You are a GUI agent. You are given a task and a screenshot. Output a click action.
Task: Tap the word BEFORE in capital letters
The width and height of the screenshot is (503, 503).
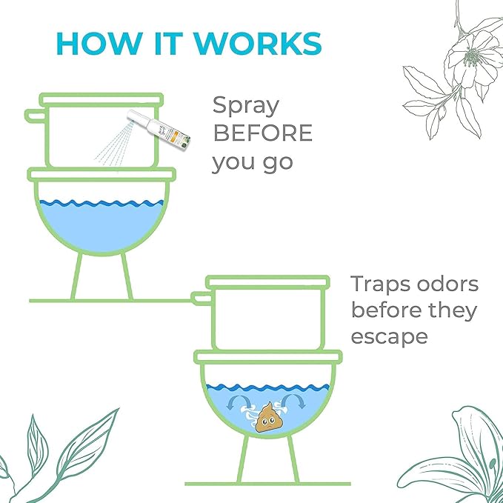click(x=262, y=134)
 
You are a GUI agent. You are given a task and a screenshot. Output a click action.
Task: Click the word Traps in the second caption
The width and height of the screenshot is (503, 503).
click(x=386, y=284)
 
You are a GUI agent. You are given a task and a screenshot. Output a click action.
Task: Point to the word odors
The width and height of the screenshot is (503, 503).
click(x=453, y=284)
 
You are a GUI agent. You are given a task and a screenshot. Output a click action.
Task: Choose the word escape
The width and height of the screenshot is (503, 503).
click(x=390, y=336)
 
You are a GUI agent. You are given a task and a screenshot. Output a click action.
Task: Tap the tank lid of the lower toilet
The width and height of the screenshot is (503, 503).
click(x=267, y=282)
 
